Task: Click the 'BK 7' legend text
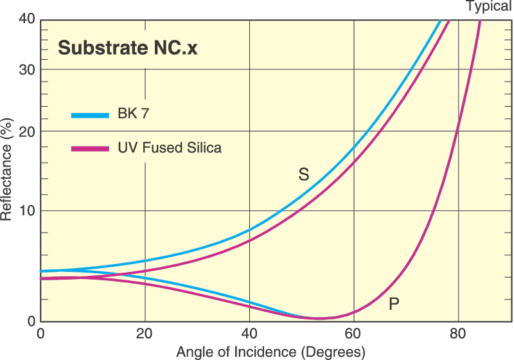134,116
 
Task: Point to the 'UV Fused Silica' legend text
169,148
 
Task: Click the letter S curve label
303,174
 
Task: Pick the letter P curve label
394,303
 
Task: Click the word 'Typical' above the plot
489,6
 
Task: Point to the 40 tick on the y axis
26,20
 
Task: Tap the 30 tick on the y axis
26,69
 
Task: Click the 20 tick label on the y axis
26,131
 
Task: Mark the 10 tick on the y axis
26,211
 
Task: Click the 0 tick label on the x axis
40,334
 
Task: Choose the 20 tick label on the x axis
145,334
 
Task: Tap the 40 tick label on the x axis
249,334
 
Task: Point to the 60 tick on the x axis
354,334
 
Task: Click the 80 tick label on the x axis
458,334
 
